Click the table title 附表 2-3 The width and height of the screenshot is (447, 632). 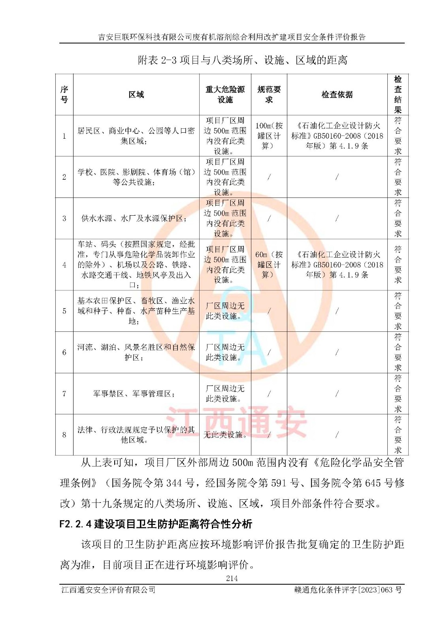pos(242,60)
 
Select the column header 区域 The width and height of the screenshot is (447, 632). pos(136,94)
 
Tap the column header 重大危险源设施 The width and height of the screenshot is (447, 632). pos(225,94)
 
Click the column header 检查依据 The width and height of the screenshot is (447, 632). pos(337,94)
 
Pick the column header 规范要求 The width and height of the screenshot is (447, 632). pos(269,94)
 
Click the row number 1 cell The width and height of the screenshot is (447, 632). pos(64,136)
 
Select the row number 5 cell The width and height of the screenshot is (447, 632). pos(64,311)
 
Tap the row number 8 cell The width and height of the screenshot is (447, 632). pos(64,434)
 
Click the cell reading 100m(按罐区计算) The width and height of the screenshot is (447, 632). pos(269,136)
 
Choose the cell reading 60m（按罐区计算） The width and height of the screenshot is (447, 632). pos(269,265)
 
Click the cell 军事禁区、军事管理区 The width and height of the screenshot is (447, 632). pos(134,393)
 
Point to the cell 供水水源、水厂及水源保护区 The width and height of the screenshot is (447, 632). pos(134,218)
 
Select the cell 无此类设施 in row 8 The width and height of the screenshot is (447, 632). pos(225,434)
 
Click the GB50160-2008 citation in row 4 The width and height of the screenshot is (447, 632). pos(337,265)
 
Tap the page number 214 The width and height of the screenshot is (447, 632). pos(232,578)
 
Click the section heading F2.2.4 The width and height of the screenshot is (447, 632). pos(156,524)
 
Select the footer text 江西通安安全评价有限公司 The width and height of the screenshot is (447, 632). pos(108,590)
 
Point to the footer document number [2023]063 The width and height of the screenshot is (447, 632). pos(348,590)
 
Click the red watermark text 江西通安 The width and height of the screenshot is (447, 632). pos(236,423)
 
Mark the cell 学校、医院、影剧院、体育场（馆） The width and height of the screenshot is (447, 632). pos(136,177)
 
